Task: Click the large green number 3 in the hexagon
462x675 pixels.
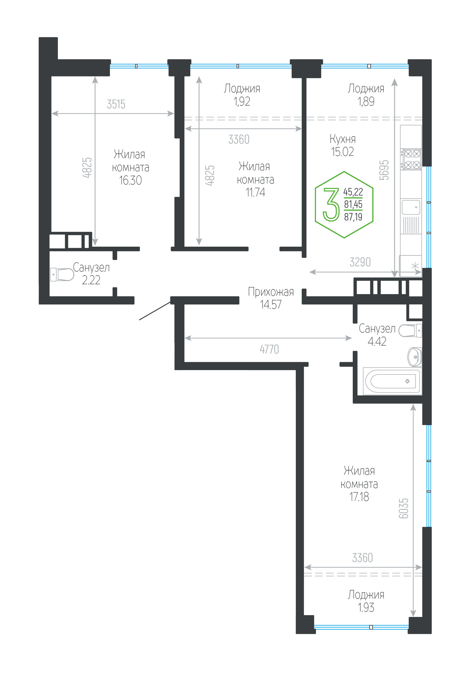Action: [x=331, y=205]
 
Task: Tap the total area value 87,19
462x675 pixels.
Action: [x=353, y=217]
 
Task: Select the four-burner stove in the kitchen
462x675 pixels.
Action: [x=411, y=159]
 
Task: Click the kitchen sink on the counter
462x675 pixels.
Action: [x=411, y=207]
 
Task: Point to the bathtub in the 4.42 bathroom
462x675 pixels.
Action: [x=392, y=381]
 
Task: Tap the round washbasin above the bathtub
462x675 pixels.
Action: [x=414, y=357]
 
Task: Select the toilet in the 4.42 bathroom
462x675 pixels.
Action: [x=410, y=331]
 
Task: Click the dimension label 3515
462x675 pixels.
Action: [x=116, y=104]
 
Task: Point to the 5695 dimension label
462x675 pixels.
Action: [x=384, y=170]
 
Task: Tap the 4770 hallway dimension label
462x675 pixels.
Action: [x=269, y=349]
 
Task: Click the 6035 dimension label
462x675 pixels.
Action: [x=404, y=508]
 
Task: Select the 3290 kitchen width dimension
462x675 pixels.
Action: [x=360, y=262]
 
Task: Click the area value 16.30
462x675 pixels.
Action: [x=130, y=180]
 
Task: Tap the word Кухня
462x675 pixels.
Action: [x=343, y=139]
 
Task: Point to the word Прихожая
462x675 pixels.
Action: [x=271, y=292]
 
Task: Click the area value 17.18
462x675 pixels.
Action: [x=359, y=497]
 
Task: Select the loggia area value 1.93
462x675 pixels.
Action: [x=366, y=607]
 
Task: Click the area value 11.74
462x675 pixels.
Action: [x=255, y=192]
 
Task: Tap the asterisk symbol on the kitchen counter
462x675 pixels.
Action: [x=415, y=266]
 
